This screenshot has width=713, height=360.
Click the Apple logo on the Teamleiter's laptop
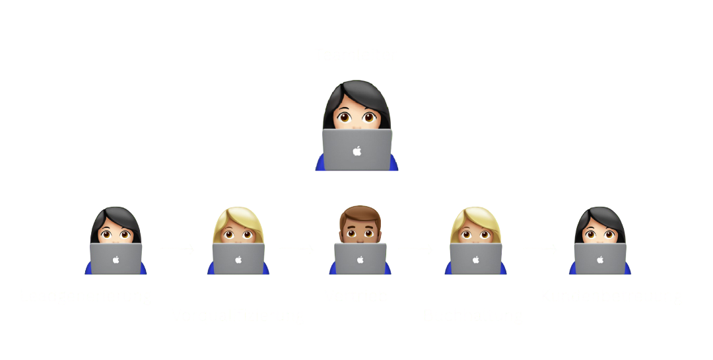coord(357,151)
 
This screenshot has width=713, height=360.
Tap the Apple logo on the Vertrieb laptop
coord(360,260)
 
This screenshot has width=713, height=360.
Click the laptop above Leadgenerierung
coord(116,259)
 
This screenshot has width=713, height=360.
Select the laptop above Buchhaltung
coord(476,259)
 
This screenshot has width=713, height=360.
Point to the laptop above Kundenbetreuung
coord(600,259)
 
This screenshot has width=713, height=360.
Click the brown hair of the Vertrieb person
coord(360,215)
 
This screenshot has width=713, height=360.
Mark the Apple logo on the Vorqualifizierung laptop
coord(238,260)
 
